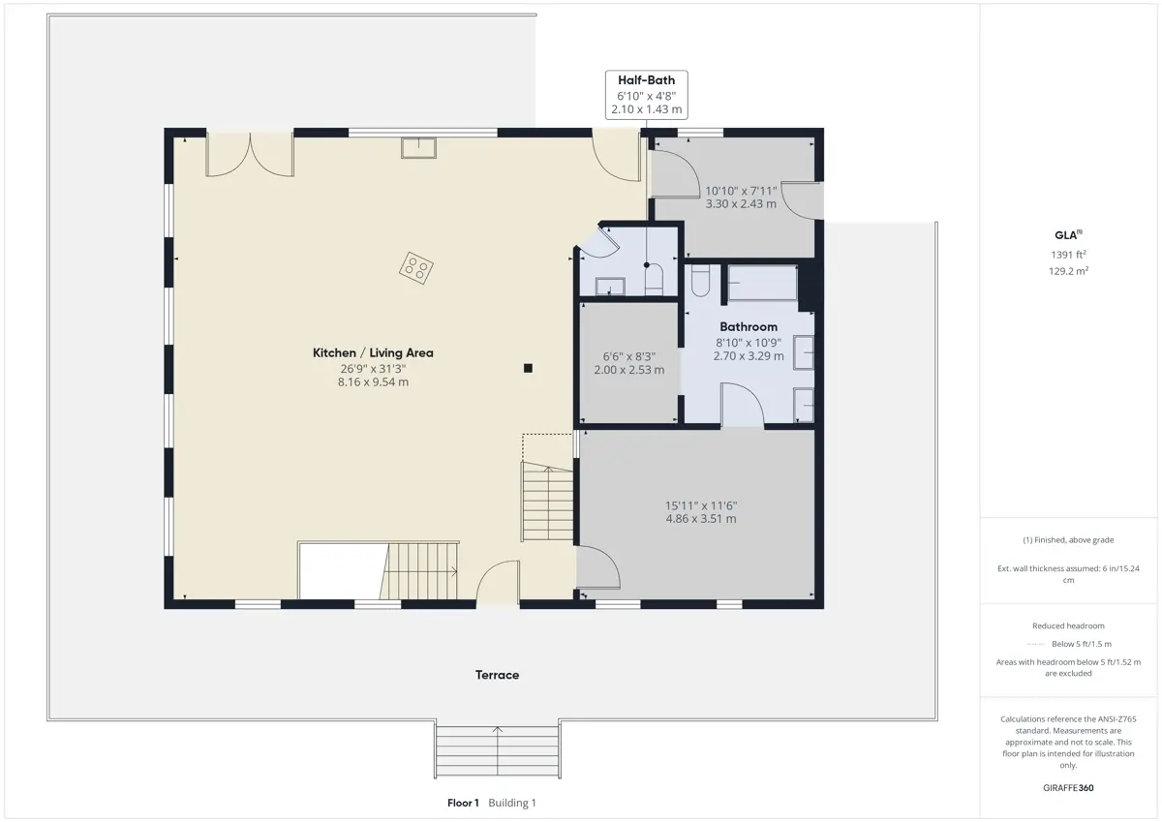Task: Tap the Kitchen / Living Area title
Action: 373,352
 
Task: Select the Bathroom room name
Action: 749,326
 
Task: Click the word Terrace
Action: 497,675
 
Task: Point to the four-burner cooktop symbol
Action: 416,268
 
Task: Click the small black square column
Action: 528,368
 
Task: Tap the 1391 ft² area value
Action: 1068,255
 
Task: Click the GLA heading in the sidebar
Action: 1068,235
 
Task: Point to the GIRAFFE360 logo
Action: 1068,788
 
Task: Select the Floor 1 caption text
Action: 463,803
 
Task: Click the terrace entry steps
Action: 498,750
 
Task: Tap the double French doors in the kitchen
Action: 250,155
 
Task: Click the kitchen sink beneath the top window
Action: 418,148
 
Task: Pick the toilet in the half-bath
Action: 654,280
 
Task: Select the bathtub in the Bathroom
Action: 763,283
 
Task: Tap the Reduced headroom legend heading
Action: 1068,625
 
